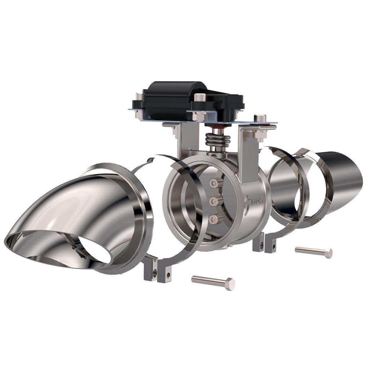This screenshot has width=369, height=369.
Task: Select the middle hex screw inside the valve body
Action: tap(214, 201)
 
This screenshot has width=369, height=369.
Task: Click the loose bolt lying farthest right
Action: tap(313, 251)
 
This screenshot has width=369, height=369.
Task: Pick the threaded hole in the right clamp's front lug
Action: tap(274, 246)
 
